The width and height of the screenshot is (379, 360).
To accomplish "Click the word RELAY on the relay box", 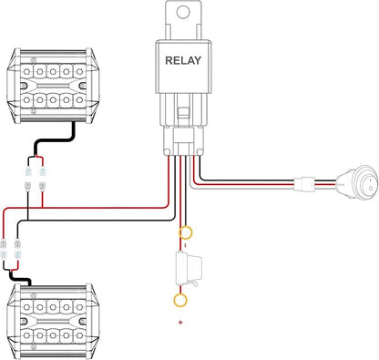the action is pos(183,60).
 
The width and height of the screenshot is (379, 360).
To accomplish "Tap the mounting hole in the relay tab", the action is pos(183,12).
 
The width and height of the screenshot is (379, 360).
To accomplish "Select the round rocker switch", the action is pos(358,183).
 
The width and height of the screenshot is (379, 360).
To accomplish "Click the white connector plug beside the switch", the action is pos(304,184).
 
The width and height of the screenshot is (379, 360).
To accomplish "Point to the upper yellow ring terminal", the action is pos(186,233).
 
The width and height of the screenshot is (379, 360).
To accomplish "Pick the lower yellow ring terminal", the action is pos(180,300).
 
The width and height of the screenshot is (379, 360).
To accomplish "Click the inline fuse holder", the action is pos(189,269).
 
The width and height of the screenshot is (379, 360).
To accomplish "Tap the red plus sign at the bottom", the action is pos(180,323).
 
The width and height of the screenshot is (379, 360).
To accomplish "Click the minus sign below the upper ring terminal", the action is pos(186,244).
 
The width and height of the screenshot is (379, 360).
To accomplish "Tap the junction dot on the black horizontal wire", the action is pos(27,220).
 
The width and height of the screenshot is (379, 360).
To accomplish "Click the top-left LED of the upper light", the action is pos(26,72).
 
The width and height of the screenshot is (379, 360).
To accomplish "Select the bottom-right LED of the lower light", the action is pos(79,335).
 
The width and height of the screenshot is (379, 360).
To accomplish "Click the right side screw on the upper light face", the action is pos(81,86).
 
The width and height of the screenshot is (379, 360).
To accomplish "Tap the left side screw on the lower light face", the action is pos(24,321).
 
